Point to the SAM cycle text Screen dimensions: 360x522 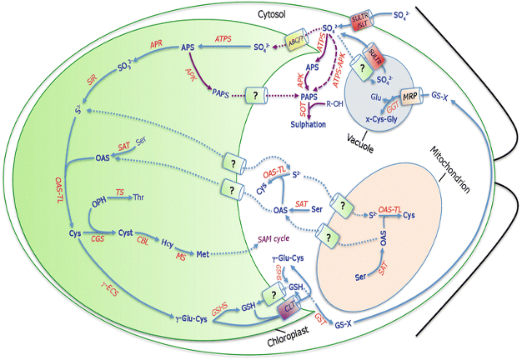coord(279,238)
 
